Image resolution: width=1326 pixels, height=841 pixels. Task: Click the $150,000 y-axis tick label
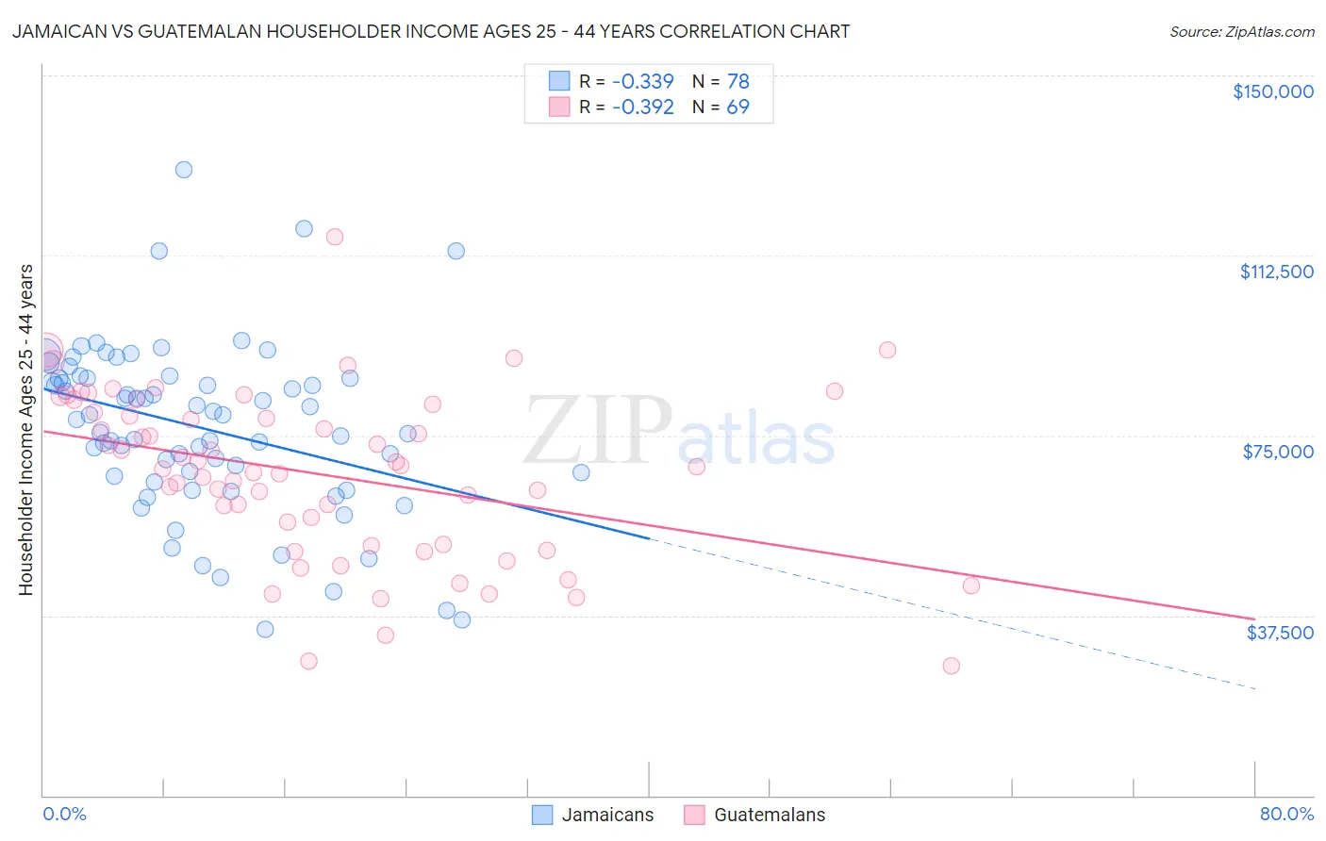1272,91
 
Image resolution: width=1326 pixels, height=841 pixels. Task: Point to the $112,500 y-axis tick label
1276,272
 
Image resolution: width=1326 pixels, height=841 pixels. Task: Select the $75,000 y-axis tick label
1278,452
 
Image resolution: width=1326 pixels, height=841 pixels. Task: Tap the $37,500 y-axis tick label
1280,632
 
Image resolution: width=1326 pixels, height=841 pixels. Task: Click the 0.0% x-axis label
64,814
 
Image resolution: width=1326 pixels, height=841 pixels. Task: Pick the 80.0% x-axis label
1286,814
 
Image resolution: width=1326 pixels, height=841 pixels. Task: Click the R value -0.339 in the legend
642,81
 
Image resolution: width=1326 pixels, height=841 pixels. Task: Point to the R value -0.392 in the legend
642,107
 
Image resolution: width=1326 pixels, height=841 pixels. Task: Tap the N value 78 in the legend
738,81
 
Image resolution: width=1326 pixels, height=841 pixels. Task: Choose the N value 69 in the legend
738,107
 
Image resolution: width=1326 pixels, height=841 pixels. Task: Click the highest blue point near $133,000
184,170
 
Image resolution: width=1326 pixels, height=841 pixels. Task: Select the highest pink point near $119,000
334,237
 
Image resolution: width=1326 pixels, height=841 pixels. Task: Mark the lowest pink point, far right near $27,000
951,666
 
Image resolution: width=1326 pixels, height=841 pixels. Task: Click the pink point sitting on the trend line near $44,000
970,585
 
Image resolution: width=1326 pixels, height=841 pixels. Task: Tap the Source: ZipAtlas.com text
1241,32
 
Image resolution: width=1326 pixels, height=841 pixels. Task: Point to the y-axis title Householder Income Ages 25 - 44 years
26,429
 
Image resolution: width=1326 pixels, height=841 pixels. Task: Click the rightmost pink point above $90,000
887,350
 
